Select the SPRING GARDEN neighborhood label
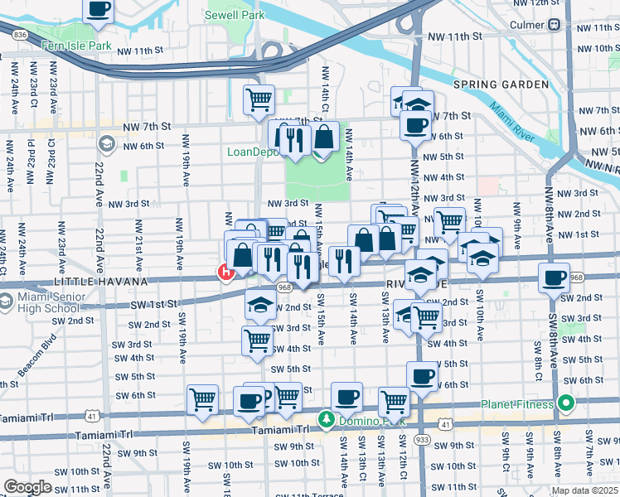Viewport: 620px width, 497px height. click(501, 84)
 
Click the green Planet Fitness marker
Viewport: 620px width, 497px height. click(567, 404)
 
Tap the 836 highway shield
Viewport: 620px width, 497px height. click(21, 34)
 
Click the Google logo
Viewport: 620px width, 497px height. click(28, 487)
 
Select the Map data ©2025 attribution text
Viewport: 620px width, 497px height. click(584, 490)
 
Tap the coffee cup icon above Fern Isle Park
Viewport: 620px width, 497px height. click(99, 8)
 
